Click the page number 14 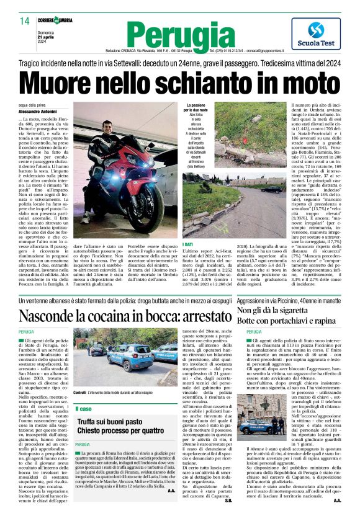click(x=24, y=21)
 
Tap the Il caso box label click(x=84, y=408)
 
